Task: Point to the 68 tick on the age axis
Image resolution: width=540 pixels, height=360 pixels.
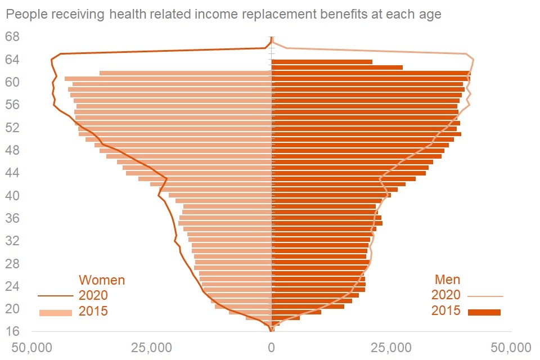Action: click(x=12, y=37)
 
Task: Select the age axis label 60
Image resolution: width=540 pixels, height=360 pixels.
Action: click(x=12, y=82)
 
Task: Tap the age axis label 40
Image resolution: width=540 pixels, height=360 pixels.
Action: click(x=12, y=196)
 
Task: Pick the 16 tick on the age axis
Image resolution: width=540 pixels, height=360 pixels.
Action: click(x=12, y=331)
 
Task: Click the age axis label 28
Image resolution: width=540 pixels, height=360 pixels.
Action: click(x=12, y=263)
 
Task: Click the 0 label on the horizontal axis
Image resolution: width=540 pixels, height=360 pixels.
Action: click(x=271, y=348)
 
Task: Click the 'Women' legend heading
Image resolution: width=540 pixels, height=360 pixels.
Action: click(x=102, y=280)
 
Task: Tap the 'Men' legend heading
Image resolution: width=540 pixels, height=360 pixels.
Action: click(x=447, y=280)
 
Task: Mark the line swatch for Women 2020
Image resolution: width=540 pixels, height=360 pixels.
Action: click(x=56, y=295)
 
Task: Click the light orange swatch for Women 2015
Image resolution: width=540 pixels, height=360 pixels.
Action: click(x=56, y=313)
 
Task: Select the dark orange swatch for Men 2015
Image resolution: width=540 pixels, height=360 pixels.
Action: click(x=484, y=312)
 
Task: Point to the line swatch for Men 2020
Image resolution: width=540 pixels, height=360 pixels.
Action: click(x=485, y=295)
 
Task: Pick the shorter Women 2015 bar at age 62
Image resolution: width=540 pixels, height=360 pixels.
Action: click(x=186, y=73)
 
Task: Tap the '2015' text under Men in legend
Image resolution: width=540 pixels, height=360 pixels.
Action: click(x=446, y=311)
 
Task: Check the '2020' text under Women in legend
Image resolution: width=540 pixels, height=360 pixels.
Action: click(x=93, y=295)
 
